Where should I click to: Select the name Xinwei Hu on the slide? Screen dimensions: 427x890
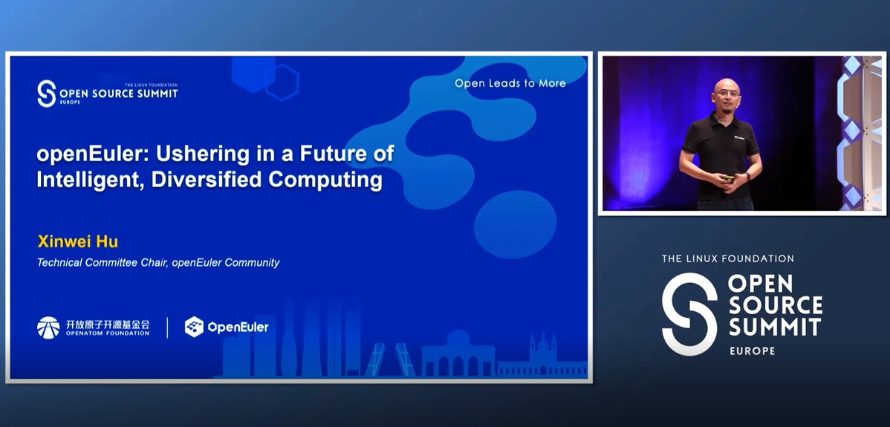[x=77, y=242]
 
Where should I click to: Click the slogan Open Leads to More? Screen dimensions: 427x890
[x=510, y=83]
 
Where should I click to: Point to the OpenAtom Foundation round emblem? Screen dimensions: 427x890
[x=48, y=327]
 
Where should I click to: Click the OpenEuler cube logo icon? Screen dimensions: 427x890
[x=194, y=327]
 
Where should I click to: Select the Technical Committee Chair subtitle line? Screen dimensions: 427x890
[x=158, y=262]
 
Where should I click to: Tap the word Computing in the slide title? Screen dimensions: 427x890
[x=325, y=180]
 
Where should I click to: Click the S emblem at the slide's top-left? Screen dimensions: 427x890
[x=46, y=94]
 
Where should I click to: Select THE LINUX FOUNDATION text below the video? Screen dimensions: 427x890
[x=727, y=258]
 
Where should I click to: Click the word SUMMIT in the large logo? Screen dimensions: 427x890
[x=775, y=327]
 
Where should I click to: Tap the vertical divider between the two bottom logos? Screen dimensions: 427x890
[x=167, y=327]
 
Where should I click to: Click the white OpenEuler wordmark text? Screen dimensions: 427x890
[x=238, y=327]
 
